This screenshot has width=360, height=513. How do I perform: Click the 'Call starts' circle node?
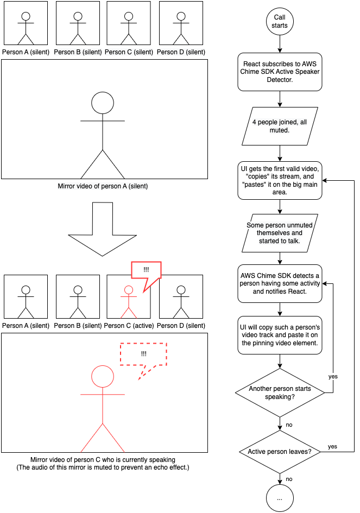(x=280, y=21)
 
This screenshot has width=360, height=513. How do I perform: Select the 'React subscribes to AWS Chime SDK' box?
(x=280, y=72)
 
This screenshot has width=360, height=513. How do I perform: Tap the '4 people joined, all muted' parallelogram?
(x=280, y=126)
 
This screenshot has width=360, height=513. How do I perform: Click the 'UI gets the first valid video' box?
(x=280, y=180)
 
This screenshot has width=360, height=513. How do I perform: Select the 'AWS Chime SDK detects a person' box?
(x=280, y=284)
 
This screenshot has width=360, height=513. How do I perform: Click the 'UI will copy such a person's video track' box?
(x=280, y=335)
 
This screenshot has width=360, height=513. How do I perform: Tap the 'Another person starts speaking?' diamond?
(x=280, y=392)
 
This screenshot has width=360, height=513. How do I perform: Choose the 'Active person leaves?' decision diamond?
(x=280, y=452)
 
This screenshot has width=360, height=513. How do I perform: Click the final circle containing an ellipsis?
(x=280, y=498)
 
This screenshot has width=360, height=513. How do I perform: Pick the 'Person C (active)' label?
(x=129, y=326)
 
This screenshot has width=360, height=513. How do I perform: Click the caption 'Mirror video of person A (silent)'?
(x=103, y=186)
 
